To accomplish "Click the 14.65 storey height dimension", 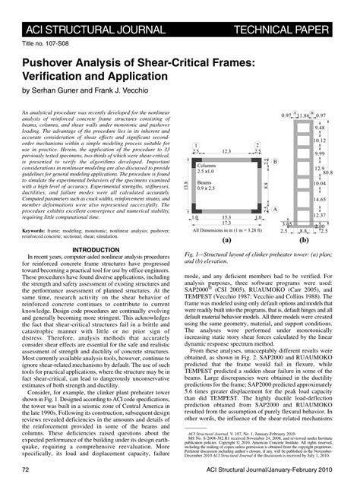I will pyautogui.click(x=320, y=200).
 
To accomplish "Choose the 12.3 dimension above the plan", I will pyautogui.click(x=227, y=152).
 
